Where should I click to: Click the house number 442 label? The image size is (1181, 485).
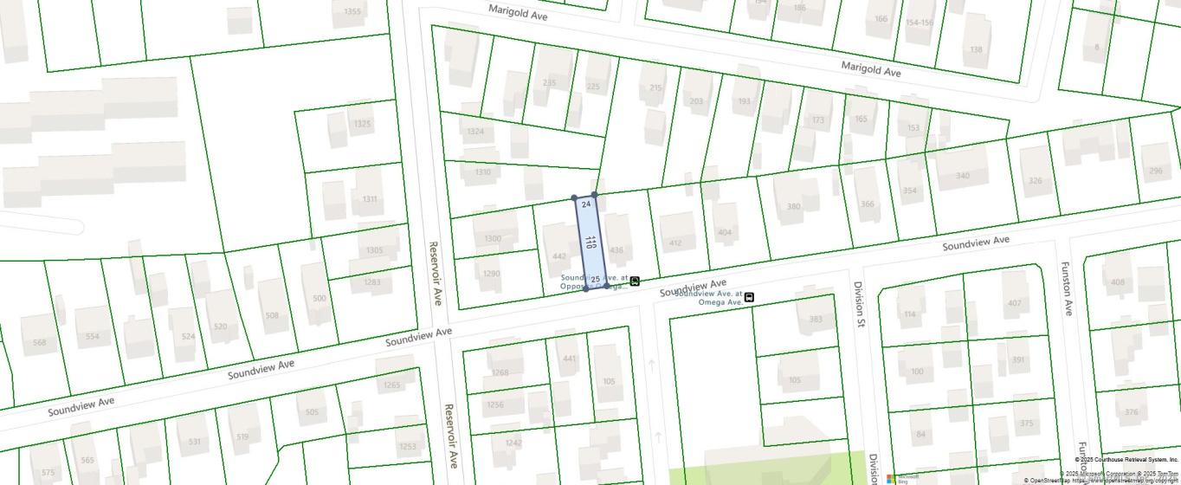[558, 256]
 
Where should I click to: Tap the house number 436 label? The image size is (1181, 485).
[616, 250]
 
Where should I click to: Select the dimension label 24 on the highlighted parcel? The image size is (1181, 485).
[586, 204]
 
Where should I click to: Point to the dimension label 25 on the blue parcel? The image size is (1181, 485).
[596, 279]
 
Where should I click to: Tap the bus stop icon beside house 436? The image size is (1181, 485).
[635, 281]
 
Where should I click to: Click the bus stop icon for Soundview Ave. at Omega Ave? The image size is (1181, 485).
[749, 297]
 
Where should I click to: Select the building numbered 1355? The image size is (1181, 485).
[352, 11]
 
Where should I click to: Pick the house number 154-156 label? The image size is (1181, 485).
[920, 23]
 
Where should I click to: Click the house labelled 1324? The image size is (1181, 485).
[474, 132]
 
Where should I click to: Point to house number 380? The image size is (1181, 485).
[794, 206]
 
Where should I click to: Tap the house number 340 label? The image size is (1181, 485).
[963, 176]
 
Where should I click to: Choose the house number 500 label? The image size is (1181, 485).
[319, 299]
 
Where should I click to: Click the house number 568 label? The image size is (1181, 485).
[39, 342]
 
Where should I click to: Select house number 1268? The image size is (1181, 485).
[500, 373]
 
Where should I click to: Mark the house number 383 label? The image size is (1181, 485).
[814, 320]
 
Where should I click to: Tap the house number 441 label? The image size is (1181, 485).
[569, 359]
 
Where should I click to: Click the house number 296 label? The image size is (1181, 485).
[1155, 171]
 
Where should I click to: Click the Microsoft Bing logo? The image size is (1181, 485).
[902, 477]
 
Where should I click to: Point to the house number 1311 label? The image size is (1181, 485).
[370, 199]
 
